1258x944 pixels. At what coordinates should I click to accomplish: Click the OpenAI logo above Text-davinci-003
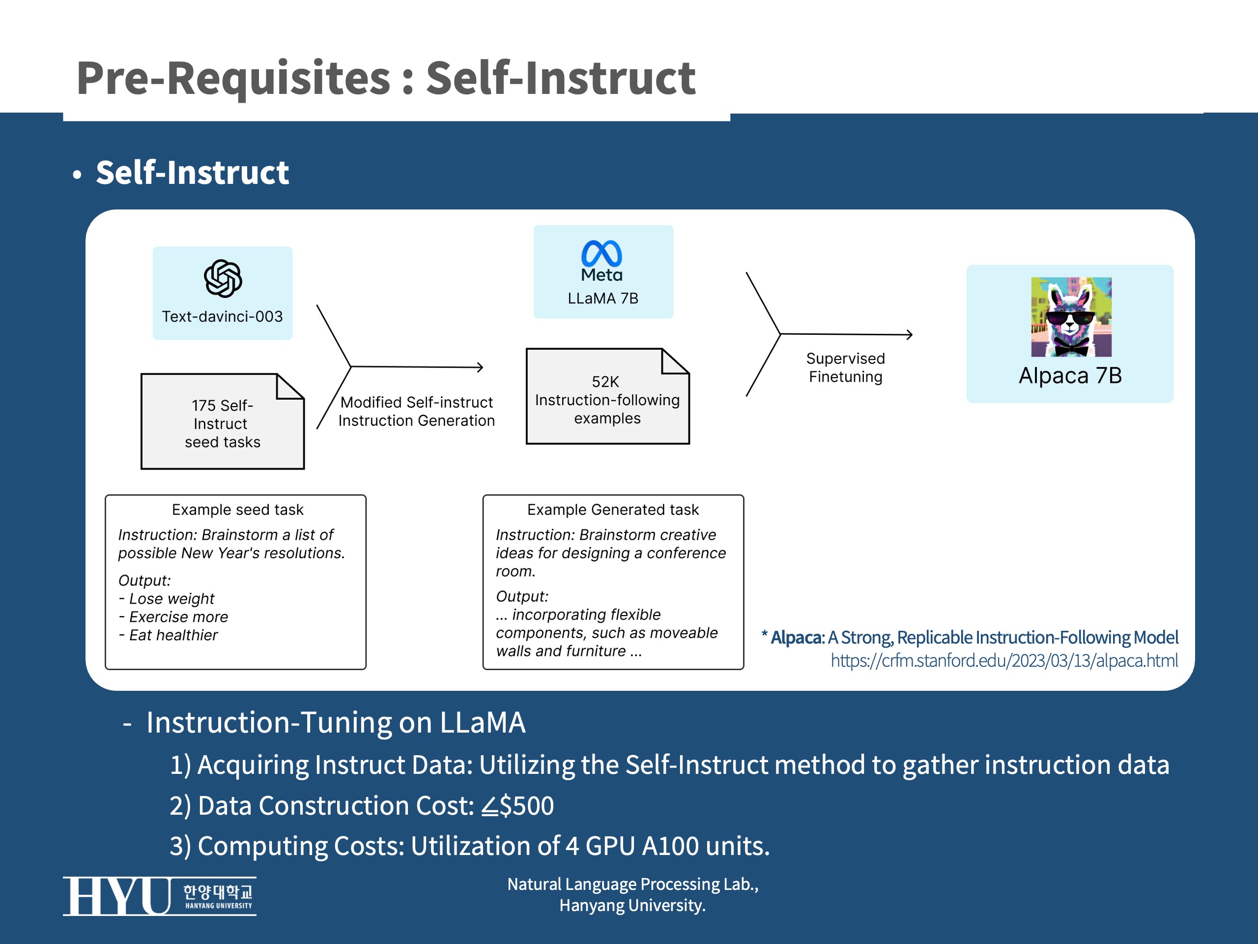pyautogui.click(x=223, y=279)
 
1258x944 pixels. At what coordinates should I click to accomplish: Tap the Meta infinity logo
pyautogui.click(x=601, y=254)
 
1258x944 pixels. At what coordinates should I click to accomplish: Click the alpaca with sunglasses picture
pyautogui.click(x=1071, y=317)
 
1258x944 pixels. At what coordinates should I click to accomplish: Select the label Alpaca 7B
pyautogui.click(x=1070, y=376)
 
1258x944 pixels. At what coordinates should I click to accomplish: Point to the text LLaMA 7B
pyautogui.click(x=603, y=298)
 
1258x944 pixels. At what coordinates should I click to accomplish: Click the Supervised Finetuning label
pyautogui.click(x=845, y=368)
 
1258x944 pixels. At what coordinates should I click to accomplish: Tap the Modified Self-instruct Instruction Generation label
pyautogui.click(x=416, y=411)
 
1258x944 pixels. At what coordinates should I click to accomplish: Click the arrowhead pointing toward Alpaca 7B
pyautogui.click(x=910, y=335)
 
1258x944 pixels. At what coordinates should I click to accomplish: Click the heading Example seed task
pyautogui.click(x=238, y=510)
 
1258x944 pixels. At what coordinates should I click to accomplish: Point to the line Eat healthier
pyautogui.click(x=173, y=635)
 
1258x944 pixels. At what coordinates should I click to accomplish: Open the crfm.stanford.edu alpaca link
pyautogui.click(x=1004, y=661)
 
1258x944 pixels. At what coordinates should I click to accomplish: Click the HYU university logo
pyautogui.click(x=159, y=896)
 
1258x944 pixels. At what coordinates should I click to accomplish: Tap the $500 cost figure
pyautogui.click(x=525, y=806)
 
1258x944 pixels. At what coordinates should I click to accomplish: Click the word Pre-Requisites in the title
pyautogui.click(x=233, y=78)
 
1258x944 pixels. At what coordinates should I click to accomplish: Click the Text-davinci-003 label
pyautogui.click(x=223, y=316)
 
